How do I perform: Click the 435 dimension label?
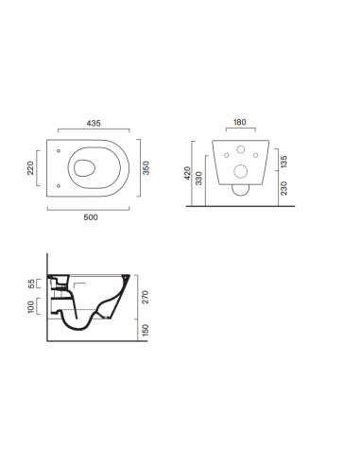pyautogui.click(x=94, y=123)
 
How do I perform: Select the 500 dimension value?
pyautogui.click(x=91, y=217)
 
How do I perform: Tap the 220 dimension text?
pyautogui.click(x=30, y=168)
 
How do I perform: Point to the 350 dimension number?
pyautogui.click(x=146, y=168)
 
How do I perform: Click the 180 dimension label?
pyautogui.click(x=240, y=122)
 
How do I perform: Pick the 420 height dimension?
pyautogui.click(x=187, y=173)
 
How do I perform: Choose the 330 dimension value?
pyautogui.click(x=198, y=179)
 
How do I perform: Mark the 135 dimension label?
pyautogui.click(x=283, y=162)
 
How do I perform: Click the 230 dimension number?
pyautogui.click(x=283, y=188)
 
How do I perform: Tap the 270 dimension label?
pyautogui.click(x=146, y=297)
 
